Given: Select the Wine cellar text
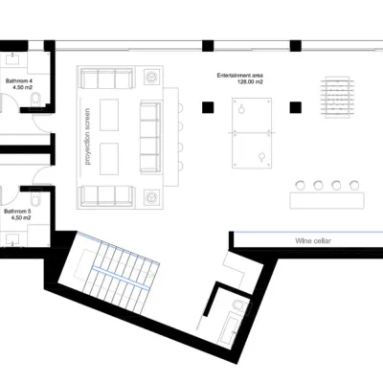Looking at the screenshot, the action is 313,241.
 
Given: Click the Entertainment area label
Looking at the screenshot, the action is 240,76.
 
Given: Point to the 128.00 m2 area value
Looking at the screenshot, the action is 250,82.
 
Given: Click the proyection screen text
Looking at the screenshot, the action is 87,137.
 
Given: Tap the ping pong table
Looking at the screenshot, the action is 252,133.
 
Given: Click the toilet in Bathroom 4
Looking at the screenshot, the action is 35,100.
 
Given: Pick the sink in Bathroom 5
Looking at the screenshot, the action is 12,239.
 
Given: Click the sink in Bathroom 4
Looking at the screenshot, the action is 12,58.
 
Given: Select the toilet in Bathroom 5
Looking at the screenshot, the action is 35,197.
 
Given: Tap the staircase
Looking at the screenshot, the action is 117,274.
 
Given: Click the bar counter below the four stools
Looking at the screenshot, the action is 327,201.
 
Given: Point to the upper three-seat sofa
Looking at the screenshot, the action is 106,79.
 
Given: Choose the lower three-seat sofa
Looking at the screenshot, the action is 106,195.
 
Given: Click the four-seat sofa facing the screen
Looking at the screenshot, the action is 150,137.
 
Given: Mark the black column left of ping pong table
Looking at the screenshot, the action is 208,107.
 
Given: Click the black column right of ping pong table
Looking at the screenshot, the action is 296,107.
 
